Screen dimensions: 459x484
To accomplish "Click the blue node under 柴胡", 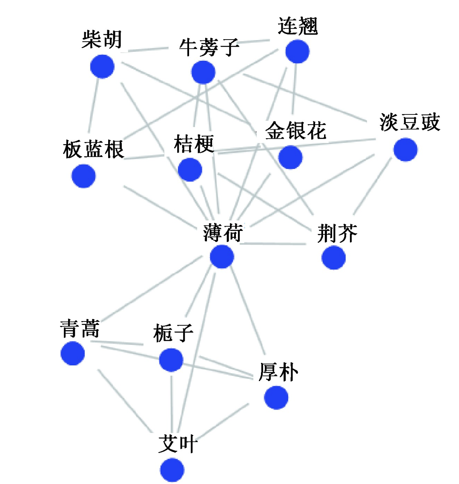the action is pyautogui.click(x=102, y=67).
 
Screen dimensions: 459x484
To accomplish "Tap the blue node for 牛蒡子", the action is pyautogui.click(x=203, y=72).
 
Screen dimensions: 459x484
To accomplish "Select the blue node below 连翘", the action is pyautogui.click(x=297, y=51).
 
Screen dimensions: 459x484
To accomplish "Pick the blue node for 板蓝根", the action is pyautogui.click(x=83, y=176).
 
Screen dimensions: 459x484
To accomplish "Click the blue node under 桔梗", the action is pyautogui.click(x=189, y=169).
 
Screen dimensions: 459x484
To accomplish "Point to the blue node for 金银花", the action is pyautogui.click(x=290, y=157).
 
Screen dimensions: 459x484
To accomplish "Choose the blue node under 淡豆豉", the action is pyautogui.click(x=405, y=150).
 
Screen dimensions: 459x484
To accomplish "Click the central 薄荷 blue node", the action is pyautogui.click(x=222, y=257).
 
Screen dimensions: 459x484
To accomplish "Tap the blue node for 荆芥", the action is pyautogui.click(x=333, y=258).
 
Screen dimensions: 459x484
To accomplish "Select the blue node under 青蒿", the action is pyautogui.click(x=73, y=353).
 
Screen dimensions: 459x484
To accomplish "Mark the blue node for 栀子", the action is pyautogui.click(x=171, y=359).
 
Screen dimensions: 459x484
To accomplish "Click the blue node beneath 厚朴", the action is pyautogui.click(x=276, y=397).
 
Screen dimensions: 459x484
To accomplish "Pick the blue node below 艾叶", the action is pyautogui.click(x=172, y=470).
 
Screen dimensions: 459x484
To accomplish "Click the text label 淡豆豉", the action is pyautogui.click(x=409, y=122).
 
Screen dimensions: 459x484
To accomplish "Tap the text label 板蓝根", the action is pyautogui.click(x=93, y=149).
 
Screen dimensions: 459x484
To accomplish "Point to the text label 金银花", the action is pyautogui.click(x=295, y=130).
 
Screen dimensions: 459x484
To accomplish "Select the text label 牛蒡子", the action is pyautogui.click(x=209, y=47).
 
